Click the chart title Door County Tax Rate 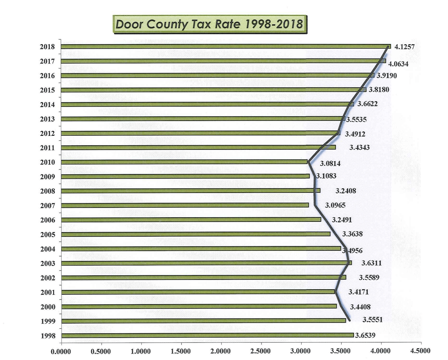[209, 24]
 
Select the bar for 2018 [226, 47]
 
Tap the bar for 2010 [184, 162]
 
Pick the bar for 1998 [208, 335]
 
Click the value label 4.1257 [404, 47]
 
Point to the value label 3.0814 [330, 164]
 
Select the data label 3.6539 [365, 335]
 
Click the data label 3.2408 [345, 191]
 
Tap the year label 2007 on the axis [47, 206]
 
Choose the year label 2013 [47, 119]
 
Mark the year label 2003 [47, 264]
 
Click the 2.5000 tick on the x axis [260, 351]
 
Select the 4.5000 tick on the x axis [420, 351]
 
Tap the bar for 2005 [196, 234]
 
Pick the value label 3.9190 [387, 76]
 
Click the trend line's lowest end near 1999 [349, 320]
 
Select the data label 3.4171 [358, 292]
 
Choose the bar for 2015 [214, 90]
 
